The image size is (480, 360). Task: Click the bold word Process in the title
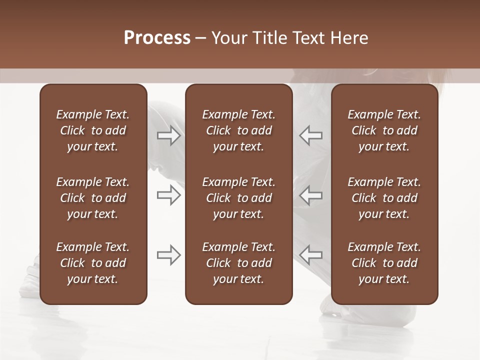[157, 38]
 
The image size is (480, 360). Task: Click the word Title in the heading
[269, 38]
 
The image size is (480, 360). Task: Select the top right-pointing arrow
[169, 135]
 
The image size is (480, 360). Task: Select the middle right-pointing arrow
[169, 195]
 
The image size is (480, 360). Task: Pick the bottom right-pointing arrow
[169, 255]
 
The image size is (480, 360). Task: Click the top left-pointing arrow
[310, 135]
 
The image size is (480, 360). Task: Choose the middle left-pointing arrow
[310, 195]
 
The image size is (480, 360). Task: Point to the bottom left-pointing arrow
[310, 255]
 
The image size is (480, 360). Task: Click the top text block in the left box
[93, 130]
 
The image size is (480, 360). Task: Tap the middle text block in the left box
[93, 198]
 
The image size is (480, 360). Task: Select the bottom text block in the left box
[93, 263]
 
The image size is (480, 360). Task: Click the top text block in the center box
[238, 130]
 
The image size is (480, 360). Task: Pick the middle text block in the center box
[238, 198]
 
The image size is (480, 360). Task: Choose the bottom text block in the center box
[238, 263]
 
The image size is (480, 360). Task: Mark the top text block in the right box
[384, 130]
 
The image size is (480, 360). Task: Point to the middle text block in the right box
[384, 198]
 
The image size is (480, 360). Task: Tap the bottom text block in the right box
[384, 263]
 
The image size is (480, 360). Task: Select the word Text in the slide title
[309, 38]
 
